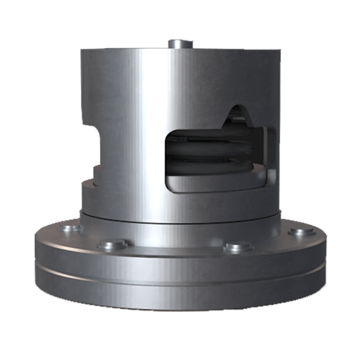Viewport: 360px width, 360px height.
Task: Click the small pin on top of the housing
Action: pyautogui.click(x=180, y=44)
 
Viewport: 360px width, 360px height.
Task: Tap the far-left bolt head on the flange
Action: pyautogui.click(x=70, y=229)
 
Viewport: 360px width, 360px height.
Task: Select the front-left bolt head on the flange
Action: pyautogui.click(x=113, y=244)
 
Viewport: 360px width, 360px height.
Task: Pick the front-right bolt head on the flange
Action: pyautogui.click(x=238, y=247)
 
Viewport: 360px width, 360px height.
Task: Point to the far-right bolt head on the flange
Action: pyautogui.click(x=298, y=232)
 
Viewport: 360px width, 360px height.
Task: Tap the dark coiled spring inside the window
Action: pyautogui.click(x=206, y=152)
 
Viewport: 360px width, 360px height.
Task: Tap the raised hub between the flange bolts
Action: pyautogui.click(x=180, y=234)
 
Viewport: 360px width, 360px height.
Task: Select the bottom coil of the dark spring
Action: pyautogui.click(x=206, y=164)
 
